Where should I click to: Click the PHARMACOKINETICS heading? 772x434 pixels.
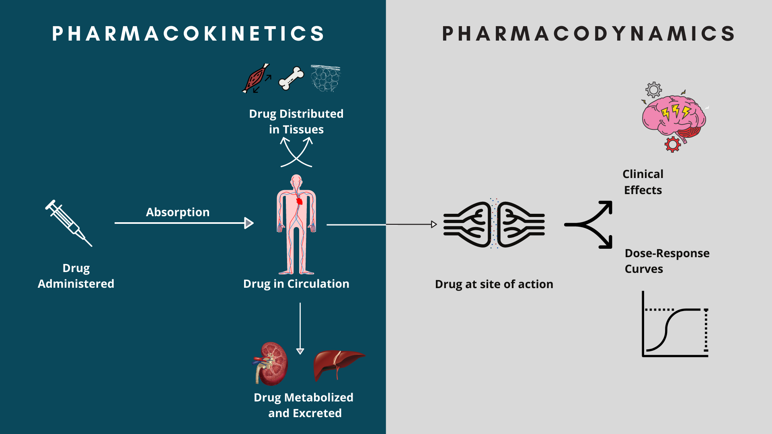[188, 33]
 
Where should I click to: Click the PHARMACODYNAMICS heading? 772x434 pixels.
[589, 33]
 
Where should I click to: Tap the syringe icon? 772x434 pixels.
[68, 223]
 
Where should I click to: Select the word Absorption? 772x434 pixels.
[177, 212]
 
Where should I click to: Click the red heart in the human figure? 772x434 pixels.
[299, 201]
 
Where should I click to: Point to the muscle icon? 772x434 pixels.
[256, 78]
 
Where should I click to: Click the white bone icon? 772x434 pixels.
[292, 78]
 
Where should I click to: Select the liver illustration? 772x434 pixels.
[338, 364]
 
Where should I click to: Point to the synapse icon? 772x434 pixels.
[494, 224]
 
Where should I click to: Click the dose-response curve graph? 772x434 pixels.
[675, 325]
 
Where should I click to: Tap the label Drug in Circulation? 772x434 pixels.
[296, 284]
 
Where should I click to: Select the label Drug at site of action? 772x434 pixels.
[494, 284]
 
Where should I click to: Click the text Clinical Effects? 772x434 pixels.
[643, 182]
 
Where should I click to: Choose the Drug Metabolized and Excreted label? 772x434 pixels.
[304, 405]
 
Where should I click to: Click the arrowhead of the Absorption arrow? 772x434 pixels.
[249, 223]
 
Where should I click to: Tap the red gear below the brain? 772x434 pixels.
[672, 144]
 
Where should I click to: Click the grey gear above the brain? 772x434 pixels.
[654, 90]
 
